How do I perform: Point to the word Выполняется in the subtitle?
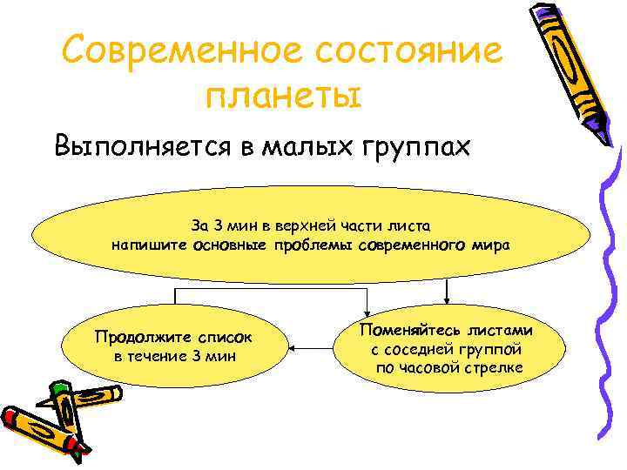(x=141, y=144)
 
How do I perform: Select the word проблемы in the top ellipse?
(x=312, y=245)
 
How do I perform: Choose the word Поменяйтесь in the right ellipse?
(x=409, y=332)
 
